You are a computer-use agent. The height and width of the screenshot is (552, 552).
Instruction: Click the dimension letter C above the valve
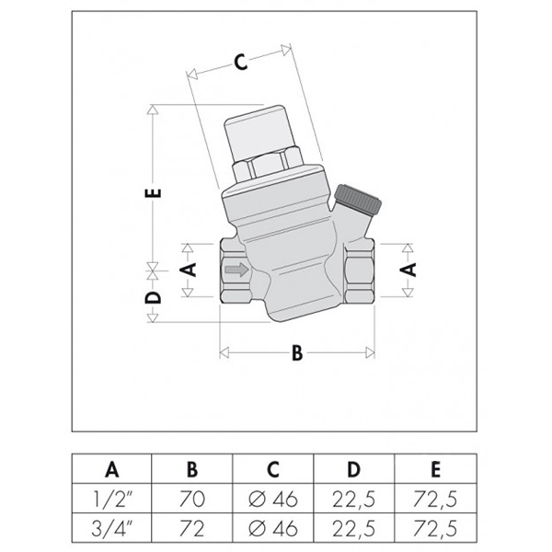[x=241, y=63]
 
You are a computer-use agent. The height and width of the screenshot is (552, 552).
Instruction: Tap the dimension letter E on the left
[x=153, y=193]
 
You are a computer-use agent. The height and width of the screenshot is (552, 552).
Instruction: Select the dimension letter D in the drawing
[x=153, y=297]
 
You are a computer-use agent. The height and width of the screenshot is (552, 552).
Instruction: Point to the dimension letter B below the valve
[x=297, y=352]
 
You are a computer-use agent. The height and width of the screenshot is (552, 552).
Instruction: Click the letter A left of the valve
[x=188, y=270]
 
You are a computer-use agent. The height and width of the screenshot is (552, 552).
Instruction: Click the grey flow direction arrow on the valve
[x=236, y=270]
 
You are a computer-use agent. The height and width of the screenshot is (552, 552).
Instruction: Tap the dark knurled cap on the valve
[x=359, y=199]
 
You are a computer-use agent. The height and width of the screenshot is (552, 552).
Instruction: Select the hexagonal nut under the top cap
[x=268, y=165]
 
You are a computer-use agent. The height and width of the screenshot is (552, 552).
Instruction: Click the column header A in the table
[x=112, y=469]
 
